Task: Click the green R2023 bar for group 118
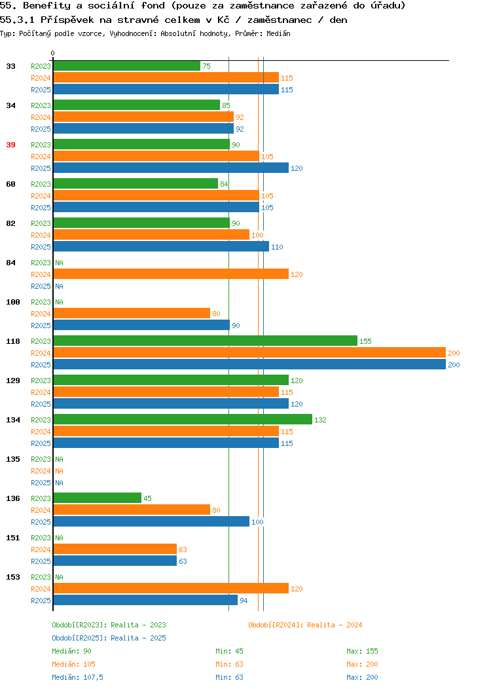coord(205,341)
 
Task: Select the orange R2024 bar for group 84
coord(171,274)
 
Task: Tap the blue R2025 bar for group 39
coord(171,168)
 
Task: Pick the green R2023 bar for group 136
coord(98,498)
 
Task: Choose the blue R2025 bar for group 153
coord(145,600)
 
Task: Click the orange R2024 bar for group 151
coord(115,549)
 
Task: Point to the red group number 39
coord(10,145)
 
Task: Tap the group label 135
coord(12,459)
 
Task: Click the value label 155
coord(365,341)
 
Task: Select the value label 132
coord(320,420)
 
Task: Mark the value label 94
coord(244,601)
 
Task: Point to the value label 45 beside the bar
coord(147,498)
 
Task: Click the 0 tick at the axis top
coord(53,53)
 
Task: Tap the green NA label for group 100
coord(60,303)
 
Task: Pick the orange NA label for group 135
coord(60,471)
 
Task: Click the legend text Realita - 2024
coord(335,625)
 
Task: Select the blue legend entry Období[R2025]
coord(79,638)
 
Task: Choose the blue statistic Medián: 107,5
coord(78,677)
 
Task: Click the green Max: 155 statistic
coord(362,651)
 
